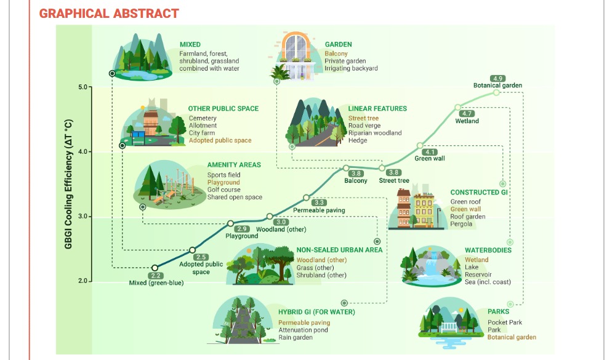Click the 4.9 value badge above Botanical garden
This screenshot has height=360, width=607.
tap(497, 79)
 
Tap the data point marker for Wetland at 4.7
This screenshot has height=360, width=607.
tap(458, 107)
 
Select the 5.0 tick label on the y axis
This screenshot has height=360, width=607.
tap(82, 87)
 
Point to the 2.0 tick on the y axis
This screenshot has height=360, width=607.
tap(82, 281)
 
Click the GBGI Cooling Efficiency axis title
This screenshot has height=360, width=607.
tap(68, 184)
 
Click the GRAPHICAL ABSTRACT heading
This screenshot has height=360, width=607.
tap(109, 14)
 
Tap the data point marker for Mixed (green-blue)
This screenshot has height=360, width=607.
tap(155, 268)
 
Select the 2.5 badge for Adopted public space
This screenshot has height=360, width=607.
tap(201, 257)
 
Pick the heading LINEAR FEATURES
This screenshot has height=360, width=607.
tap(377, 109)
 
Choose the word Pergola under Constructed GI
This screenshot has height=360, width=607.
tap(461, 224)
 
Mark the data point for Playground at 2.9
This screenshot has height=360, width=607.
tap(230, 223)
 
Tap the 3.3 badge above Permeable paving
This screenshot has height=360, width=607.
tap(319, 202)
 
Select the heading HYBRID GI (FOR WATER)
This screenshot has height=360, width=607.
tap(316, 312)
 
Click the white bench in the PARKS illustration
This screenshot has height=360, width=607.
tap(449, 328)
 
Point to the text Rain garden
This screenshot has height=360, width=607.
tap(295, 338)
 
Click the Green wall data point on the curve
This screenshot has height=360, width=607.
tap(420, 146)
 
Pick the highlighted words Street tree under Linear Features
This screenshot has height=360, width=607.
tap(363, 118)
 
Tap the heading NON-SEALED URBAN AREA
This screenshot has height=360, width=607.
tap(339, 250)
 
